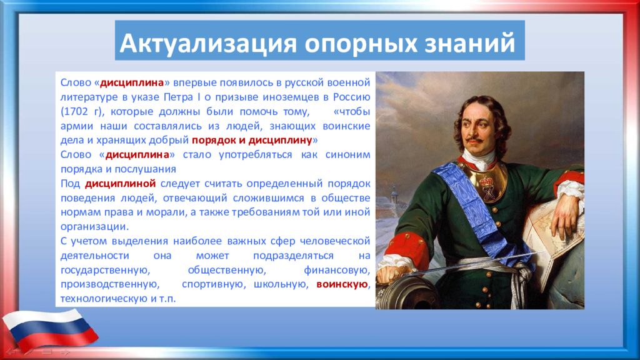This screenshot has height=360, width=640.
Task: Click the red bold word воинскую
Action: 342,284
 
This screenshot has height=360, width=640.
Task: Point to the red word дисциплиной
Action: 120,184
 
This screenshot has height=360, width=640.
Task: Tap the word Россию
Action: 351,97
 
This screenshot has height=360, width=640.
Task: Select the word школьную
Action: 281,284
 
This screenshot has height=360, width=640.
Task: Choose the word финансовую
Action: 337,270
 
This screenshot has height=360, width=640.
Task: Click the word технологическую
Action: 104,299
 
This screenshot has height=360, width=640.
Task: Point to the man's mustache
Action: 474,141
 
